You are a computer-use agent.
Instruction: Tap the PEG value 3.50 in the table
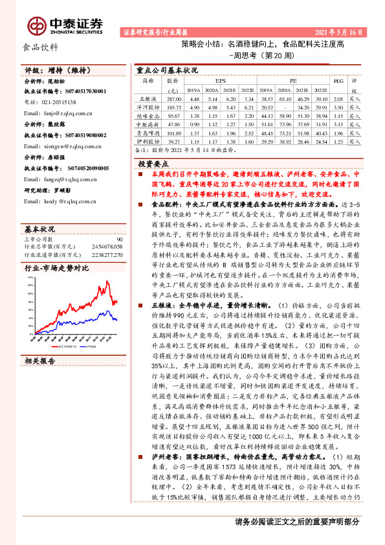[336, 107]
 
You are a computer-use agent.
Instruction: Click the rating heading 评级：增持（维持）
[55, 70]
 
